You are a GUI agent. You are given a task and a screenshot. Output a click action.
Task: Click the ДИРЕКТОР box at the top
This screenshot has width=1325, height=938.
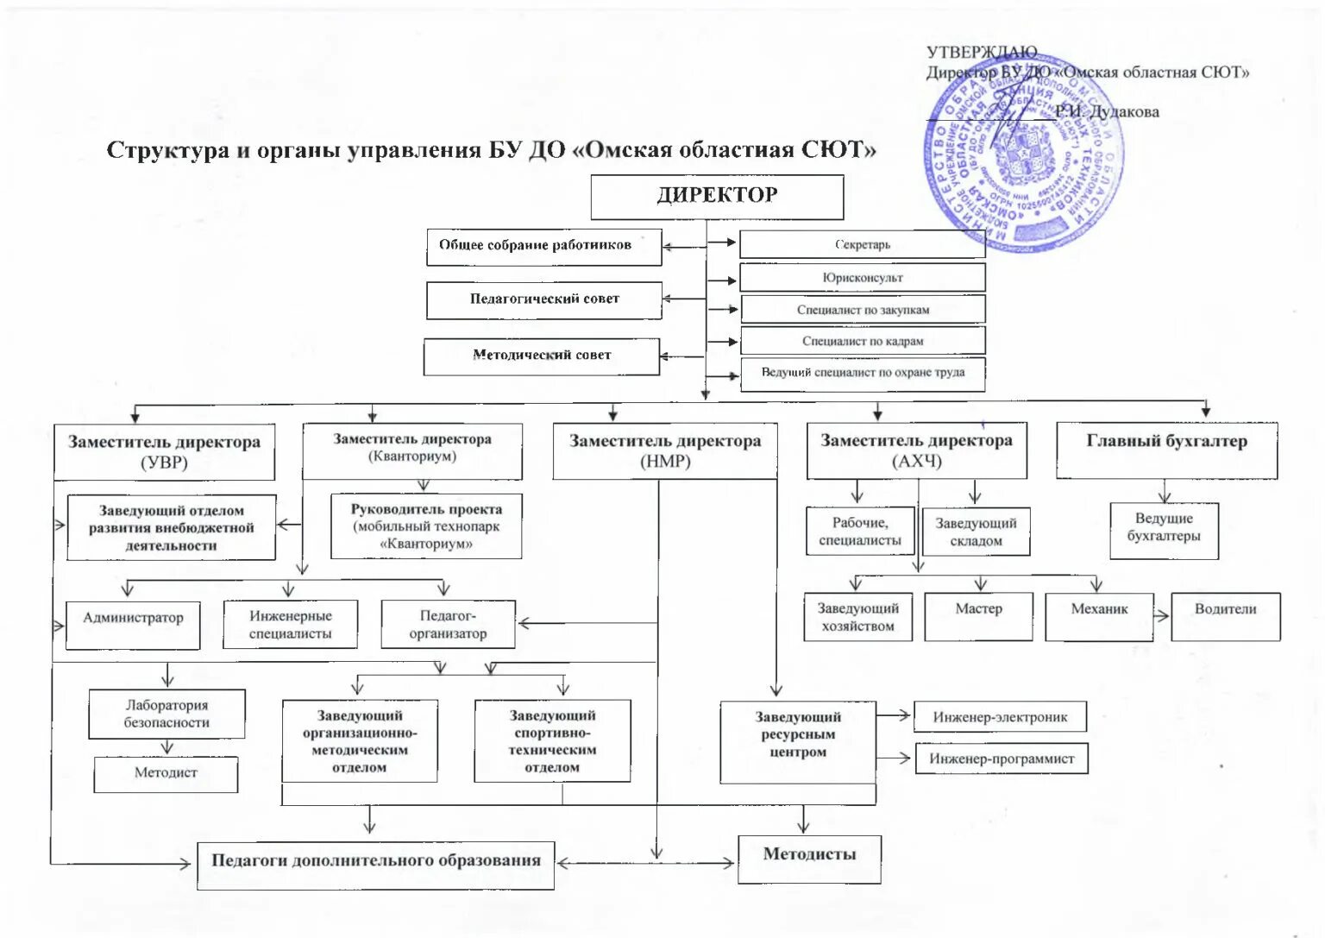tap(716, 197)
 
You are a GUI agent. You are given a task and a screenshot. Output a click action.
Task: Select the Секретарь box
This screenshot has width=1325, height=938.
tap(862, 244)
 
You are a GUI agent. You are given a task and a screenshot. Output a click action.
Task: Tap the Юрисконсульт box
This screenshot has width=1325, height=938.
tap(862, 278)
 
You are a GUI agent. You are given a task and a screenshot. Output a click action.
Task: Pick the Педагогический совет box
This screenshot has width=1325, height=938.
tap(544, 299)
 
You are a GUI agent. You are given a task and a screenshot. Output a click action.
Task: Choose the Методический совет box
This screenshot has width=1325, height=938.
tap(542, 356)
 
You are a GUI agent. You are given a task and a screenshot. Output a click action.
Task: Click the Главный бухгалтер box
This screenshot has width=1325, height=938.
tap(1166, 450)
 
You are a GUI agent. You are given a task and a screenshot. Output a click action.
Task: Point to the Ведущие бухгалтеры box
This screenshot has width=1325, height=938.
tap(1164, 529)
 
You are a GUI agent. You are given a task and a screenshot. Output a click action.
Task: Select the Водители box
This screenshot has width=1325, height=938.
tap(1225, 615)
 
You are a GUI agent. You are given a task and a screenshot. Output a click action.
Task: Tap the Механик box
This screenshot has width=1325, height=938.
tap(1099, 615)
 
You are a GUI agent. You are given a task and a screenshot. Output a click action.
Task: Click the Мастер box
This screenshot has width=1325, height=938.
tap(978, 615)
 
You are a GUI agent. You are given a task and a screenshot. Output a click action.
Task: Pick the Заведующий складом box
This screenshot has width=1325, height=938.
tap(976, 532)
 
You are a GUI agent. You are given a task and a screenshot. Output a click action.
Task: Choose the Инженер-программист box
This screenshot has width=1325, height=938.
tap(1001, 759)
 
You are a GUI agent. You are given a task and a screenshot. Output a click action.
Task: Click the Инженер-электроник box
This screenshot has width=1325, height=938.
tap(1000, 717)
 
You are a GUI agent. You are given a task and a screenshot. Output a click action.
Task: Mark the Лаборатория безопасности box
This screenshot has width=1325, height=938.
tap(166, 714)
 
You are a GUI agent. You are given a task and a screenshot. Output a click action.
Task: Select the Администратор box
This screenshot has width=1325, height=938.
tap(133, 624)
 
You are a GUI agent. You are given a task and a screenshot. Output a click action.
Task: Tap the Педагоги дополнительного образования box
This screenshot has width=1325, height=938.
tap(376, 864)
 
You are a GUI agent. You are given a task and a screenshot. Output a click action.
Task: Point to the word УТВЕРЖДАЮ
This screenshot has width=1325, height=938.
tap(982, 54)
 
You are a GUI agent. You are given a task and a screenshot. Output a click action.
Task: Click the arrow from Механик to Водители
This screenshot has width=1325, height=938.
tap(1162, 616)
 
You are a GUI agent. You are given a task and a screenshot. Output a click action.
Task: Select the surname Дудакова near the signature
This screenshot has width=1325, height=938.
tap(1125, 112)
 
